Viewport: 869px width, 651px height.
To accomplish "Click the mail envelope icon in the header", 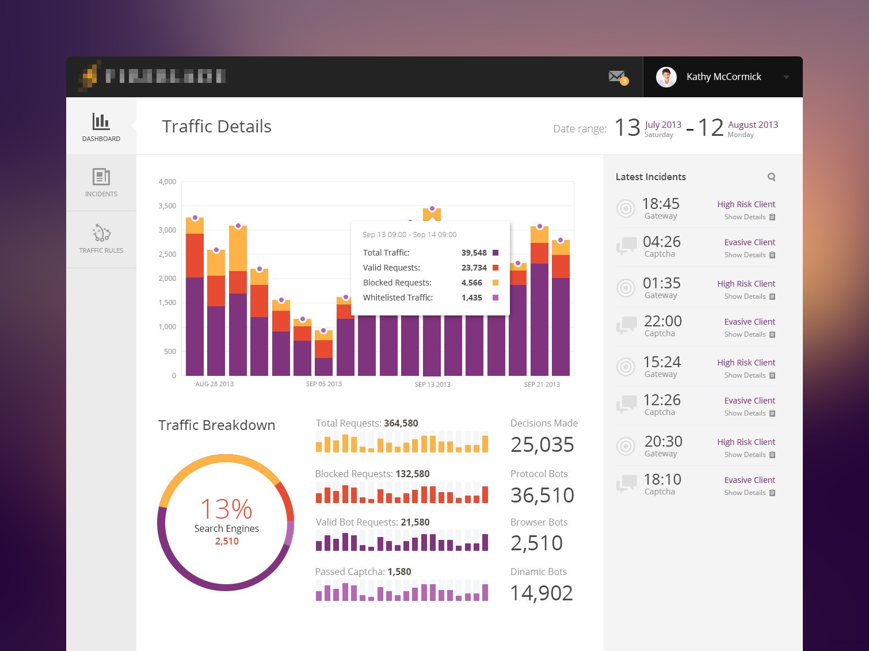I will coord(616,76).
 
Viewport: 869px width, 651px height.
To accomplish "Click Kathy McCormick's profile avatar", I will coord(666,77).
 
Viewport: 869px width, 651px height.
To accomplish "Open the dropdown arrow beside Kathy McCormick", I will coord(786,77).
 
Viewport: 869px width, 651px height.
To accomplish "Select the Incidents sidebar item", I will coord(101,182).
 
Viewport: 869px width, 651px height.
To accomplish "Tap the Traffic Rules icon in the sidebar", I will coord(101,233).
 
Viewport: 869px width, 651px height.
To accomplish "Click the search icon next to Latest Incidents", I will coord(771,177).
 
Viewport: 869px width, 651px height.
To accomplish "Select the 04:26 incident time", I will coord(661,242).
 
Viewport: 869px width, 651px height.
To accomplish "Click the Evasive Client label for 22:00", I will coord(749,322).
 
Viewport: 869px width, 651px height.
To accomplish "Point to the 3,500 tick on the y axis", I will coord(167,206).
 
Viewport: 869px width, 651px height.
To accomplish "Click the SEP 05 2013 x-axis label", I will coord(323,384).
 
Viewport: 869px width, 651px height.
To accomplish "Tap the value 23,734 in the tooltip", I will coord(474,268).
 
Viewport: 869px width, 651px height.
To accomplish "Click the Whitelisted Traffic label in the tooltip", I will coord(398,298).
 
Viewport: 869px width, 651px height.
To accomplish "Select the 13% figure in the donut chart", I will coord(226,509).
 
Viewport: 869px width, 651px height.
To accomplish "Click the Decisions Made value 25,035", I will coord(542,445).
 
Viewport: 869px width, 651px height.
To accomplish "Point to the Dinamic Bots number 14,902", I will coord(542,593).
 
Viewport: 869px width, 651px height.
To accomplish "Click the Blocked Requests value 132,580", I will coord(413,474).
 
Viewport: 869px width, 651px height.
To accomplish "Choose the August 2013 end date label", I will coord(753,125).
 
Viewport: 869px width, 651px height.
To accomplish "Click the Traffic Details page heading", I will coord(216,127).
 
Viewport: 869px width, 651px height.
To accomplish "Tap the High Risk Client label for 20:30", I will coord(746,442).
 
